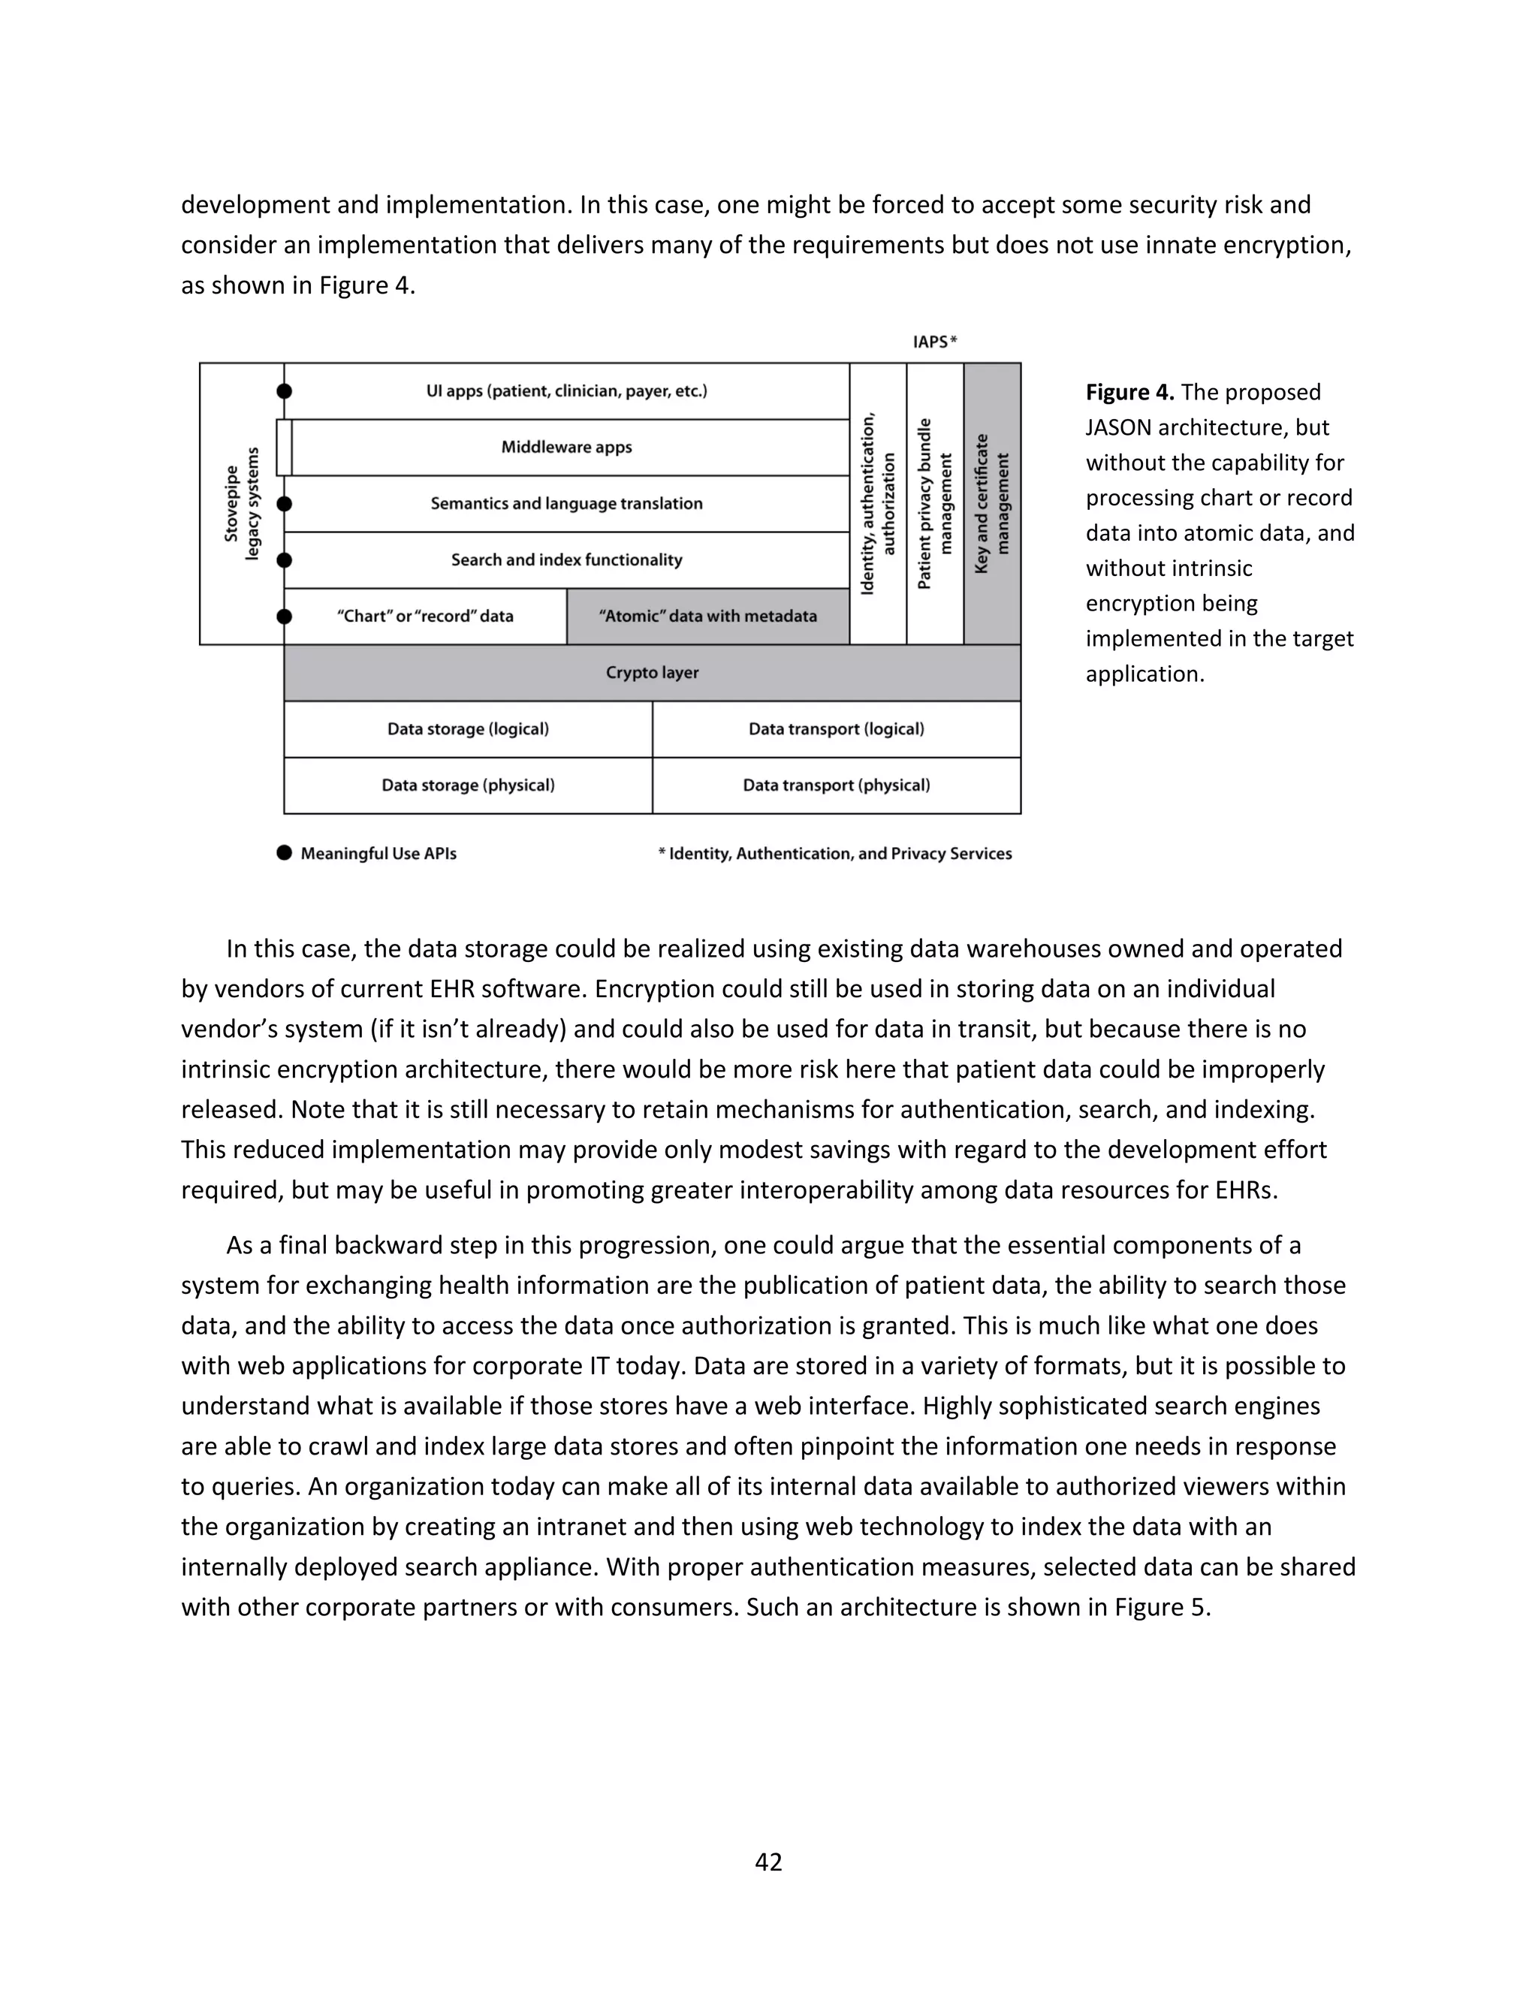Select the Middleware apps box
[x=567, y=448]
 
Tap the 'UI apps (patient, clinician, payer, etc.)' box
[x=567, y=391]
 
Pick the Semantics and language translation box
[x=567, y=504]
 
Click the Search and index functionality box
[x=567, y=559]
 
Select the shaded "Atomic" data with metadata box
[x=708, y=616]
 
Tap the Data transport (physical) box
[x=837, y=785]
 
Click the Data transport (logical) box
[x=837, y=729]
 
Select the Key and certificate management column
[x=992, y=504]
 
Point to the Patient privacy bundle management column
[x=935, y=504]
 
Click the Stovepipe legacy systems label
[x=242, y=504]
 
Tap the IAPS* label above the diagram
[x=935, y=342]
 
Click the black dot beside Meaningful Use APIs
[x=285, y=853]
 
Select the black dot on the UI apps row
[x=285, y=391]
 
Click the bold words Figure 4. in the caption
[x=1129, y=393]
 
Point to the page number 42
[x=768, y=1862]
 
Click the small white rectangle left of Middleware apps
[x=285, y=448]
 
